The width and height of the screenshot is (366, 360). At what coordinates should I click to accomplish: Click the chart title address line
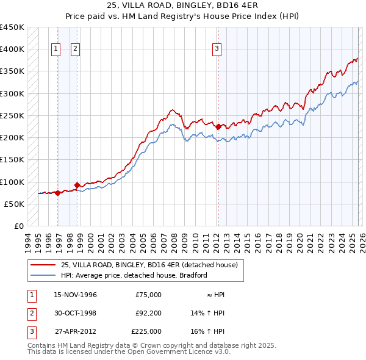(182, 6)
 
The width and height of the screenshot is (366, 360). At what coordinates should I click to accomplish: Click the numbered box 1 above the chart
(56, 49)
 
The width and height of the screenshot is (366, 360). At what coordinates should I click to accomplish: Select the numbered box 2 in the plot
(75, 49)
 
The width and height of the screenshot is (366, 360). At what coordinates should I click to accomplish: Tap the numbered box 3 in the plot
(217, 49)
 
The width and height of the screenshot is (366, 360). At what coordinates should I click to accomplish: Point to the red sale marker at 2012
(218, 127)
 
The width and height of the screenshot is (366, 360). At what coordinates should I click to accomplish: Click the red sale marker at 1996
(57, 193)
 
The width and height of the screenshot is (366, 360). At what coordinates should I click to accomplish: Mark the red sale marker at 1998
(77, 185)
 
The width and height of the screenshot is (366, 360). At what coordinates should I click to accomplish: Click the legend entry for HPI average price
(134, 275)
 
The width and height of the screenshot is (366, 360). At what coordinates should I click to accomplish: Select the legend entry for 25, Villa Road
(152, 265)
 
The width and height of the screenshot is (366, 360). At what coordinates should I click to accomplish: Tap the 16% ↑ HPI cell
(208, 331)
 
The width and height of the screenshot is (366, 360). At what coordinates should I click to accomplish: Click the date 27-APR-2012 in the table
(76, 331)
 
